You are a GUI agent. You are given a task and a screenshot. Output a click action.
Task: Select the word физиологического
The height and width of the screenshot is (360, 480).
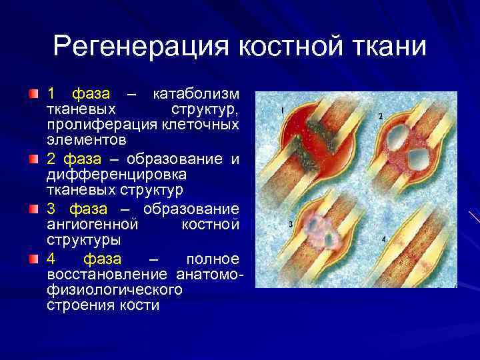tap(115, 291)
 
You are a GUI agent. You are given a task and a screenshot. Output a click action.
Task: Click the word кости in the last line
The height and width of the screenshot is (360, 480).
tap(142, 307)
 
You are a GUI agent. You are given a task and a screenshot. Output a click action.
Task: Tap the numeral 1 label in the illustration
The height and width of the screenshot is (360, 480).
tap(283, 109)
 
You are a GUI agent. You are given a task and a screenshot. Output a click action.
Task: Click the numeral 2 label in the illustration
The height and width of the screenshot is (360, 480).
tap(380, 116)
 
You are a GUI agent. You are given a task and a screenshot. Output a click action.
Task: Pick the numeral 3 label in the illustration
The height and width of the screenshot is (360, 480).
tap(291, 224)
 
